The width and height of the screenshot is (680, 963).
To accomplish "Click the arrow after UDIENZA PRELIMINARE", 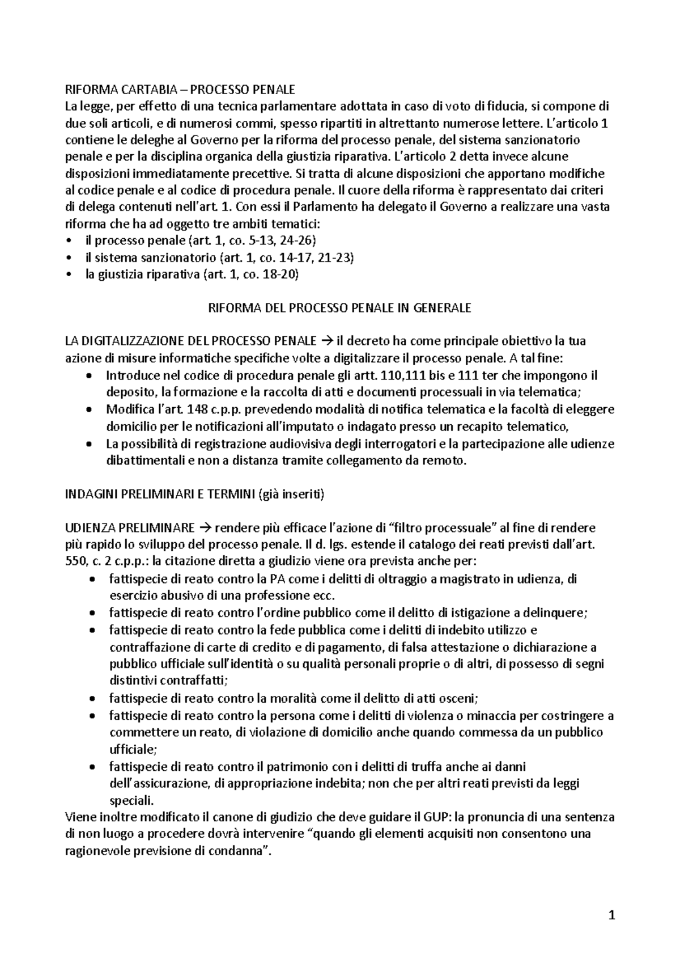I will [206, 528].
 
